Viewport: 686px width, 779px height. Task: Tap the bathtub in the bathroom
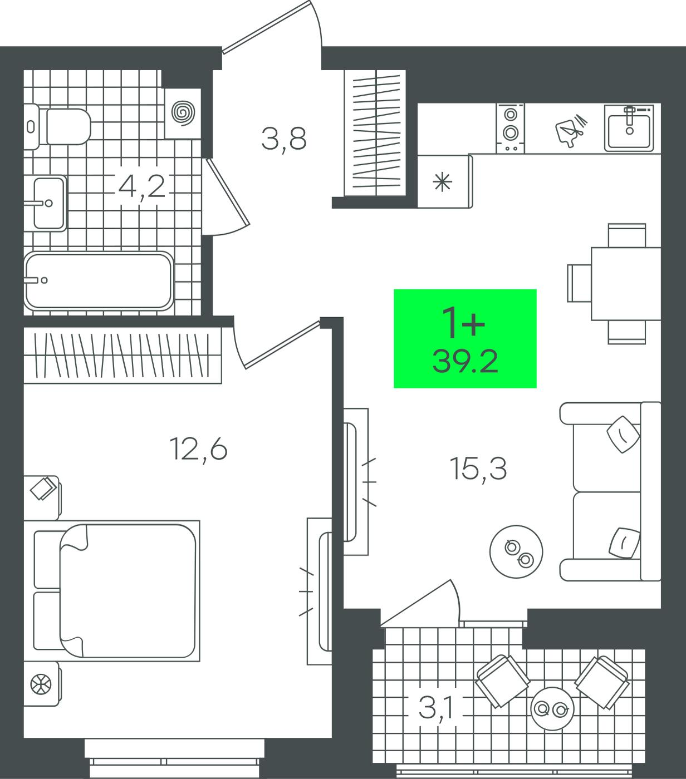click(x=99, y=281)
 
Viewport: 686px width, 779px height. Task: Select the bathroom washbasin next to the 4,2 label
click(x=46, y=204)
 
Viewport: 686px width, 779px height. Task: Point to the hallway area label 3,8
click(x=284, y=139)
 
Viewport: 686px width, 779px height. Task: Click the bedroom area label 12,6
click(x=199, y=449)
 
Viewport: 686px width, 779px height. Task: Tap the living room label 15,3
click(x=478, y=469)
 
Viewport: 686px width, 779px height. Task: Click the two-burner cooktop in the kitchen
click(x=511, y=129)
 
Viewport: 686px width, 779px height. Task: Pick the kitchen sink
click(x=629, y=128)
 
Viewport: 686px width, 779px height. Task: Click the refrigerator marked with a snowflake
click(x=445, y=181)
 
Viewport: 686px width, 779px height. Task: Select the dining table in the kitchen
click(x=626, y=284)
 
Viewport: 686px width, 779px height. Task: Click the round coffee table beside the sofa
click(x=516, y=551)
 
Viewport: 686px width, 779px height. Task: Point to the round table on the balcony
click(x=552, y=709)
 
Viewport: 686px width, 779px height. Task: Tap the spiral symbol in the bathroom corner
click(x=183, y=114)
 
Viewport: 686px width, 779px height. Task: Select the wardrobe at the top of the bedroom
click(x=122, y=354)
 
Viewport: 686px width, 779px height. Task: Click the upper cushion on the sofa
click(x=623, y=435)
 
